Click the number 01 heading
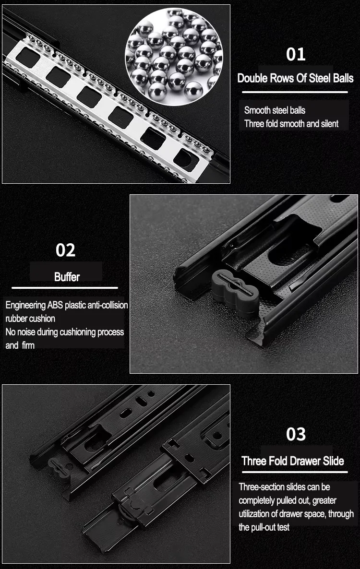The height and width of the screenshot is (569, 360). pos(296,54)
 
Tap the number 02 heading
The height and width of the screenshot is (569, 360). pos(65,250)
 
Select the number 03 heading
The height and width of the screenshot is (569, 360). pos(296,434)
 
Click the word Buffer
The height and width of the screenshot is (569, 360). pos(67,277)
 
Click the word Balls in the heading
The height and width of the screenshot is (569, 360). pos(343,78)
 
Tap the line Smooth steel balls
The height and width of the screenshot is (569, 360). pos(275,110)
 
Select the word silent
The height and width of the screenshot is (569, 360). pos(329,124)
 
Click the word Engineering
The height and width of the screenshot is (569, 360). pos(25,305)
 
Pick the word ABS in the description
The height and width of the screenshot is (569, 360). pos(55,305)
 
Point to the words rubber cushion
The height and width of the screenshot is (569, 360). pos(30,319)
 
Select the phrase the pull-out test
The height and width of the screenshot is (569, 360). pos(264,527)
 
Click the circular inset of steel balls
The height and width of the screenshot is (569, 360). pos(174,57)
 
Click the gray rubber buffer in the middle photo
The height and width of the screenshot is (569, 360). pos(235,292)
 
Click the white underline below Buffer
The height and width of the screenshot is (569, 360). pos(65,288)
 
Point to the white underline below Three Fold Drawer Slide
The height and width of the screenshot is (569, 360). pos(295,472)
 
